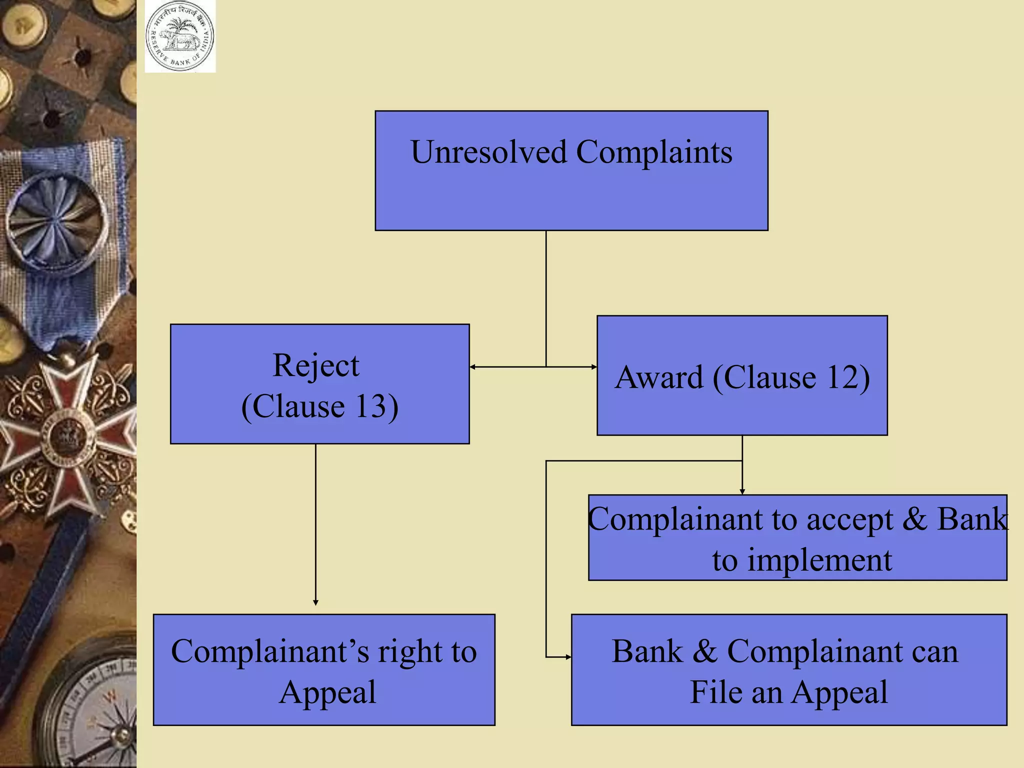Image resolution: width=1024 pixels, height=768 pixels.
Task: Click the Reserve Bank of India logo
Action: [180, 37]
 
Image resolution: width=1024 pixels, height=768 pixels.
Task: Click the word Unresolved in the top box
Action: [488, 152]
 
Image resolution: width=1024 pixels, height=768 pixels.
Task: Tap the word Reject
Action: [315, 365]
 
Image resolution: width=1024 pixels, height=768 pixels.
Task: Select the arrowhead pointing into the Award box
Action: [594, 367]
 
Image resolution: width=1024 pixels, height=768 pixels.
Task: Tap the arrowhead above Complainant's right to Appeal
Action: [315, 602]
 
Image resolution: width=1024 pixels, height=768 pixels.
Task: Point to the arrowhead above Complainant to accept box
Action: [742, 492]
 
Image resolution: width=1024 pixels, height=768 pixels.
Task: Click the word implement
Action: [819, 560]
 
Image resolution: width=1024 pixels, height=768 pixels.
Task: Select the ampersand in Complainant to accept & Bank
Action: [914, 519]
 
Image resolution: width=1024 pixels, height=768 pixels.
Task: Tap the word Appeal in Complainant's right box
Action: [327, 692]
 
